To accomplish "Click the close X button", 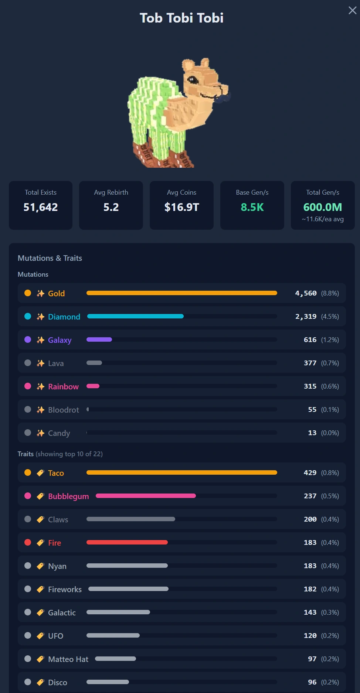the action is click(352, 10).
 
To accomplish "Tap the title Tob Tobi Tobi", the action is click(181, 18).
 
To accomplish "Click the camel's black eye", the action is click(192, 79).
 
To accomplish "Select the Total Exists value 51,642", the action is click(41, 207).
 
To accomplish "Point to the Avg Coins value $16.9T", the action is click(181, 207).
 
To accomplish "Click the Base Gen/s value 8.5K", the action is click(252, 207).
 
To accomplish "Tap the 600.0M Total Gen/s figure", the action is click(323, 207).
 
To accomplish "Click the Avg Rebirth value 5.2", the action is click(111, 207).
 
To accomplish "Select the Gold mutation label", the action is click(56, 293).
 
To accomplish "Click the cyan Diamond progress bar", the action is click(135, 316).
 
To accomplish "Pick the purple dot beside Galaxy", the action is click(28, 339).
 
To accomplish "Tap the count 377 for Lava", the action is click(310, 363).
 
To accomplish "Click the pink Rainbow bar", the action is click(93, 386).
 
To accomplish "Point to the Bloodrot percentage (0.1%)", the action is click(330, 410).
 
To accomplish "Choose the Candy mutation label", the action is click(59, 433).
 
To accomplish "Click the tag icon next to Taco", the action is click(40, 473).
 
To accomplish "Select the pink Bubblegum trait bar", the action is click(146, 496).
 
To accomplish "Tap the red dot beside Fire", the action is click(28, 542).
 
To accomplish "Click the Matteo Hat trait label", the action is click(68, 659).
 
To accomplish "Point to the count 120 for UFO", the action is click(310, 636).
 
